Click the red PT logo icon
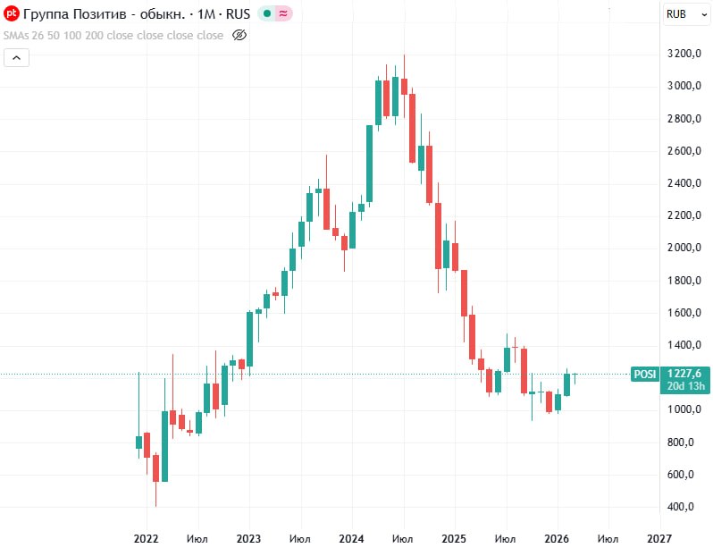pos(12,14)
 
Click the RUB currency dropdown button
pos(682,13)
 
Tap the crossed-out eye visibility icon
pos(239,36)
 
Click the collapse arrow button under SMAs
pos(17,57)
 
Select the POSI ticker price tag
pos(643,374)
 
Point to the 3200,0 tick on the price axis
pos(686,54)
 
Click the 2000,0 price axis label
pos(686,248)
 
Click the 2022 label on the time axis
pos(146,538)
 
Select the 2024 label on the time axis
pos(351,538)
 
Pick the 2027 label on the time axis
pos(659,538)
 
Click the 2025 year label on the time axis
pos(454,538)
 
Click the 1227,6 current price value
pos(683,374)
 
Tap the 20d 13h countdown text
pos(683,386)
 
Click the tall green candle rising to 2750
pos(369,164)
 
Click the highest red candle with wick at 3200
pos(404,86)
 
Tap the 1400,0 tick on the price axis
pos(686,345)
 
